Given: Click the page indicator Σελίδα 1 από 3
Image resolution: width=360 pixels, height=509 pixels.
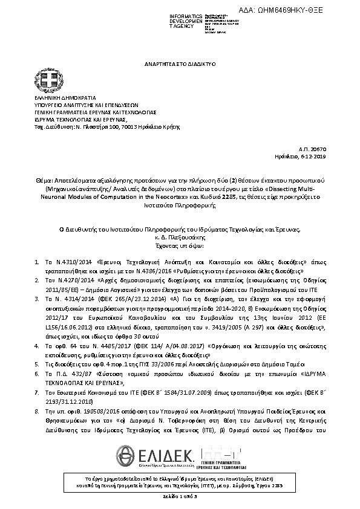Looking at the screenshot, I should tap(180, 496).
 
